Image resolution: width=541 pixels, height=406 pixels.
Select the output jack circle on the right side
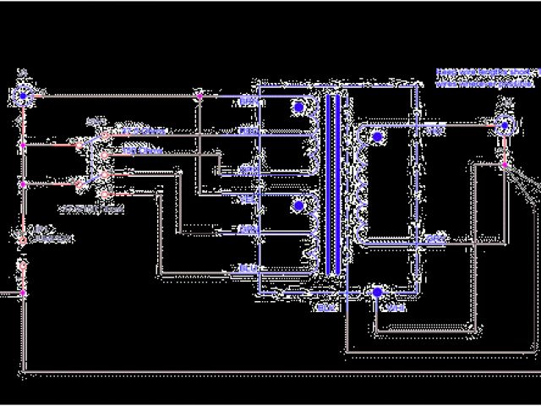(x=505, y=126)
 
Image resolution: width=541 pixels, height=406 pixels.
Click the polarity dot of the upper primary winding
(x=298, y=108)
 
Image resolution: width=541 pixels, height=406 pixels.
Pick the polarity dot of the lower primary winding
(x=298, y=206)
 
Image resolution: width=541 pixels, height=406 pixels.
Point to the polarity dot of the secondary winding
(x=377, y=136)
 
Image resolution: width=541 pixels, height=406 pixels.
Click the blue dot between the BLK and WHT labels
(x=377, y=293)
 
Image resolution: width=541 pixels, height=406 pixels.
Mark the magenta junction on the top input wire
(x=198, y=96)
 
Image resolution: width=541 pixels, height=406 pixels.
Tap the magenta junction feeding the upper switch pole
(x=23, y=145)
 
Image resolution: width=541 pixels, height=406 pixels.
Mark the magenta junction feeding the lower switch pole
(x=23, y=184)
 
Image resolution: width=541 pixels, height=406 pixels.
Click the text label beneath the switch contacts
(x=92, y=207)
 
